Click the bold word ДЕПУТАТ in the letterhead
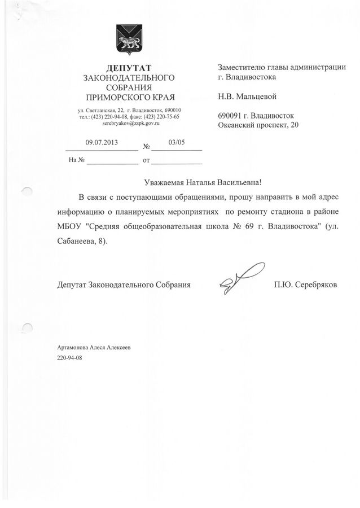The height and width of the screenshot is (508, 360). pos(129,68)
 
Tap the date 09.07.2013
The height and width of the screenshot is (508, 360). pos(100,143)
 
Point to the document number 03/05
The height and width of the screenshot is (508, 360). pos(176,143)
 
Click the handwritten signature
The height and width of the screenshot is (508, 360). pos(240,278)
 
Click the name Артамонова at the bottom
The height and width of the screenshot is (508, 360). pos(76,349)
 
